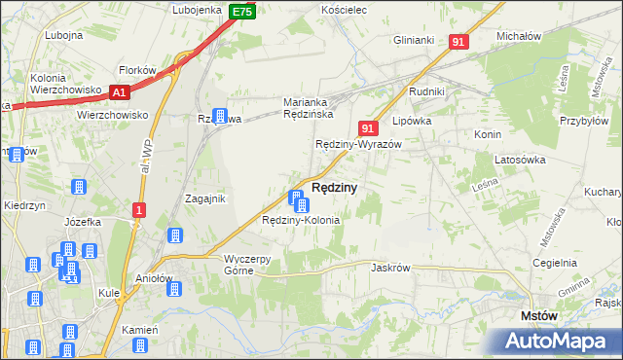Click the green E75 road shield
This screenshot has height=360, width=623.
[242, 12]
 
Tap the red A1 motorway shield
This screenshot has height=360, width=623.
[120, 92]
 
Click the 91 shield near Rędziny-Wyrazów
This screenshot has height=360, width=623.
[367, 127]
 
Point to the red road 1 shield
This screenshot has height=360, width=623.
[139, 210]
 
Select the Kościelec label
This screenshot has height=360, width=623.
[342, 10]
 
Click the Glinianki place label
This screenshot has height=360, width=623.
[414, 40]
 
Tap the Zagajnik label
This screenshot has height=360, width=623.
[205, 198]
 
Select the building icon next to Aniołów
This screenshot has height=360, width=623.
[175, 234]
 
